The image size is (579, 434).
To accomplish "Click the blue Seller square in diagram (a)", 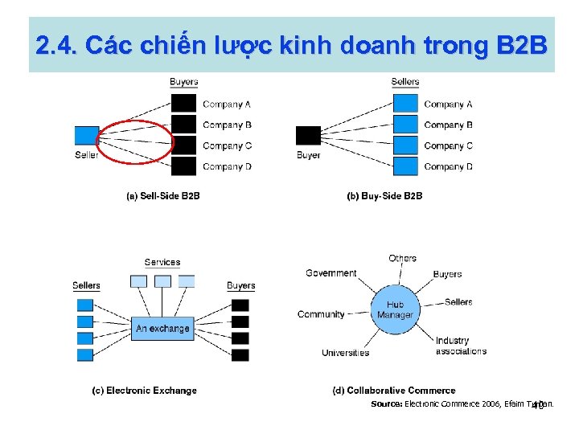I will (87, 136).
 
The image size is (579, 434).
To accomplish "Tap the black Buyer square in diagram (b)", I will (308, 136).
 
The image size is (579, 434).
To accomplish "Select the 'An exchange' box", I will (162, 329).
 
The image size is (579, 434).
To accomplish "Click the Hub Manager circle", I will (395, 310).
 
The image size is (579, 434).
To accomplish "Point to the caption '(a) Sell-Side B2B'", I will (163, 196).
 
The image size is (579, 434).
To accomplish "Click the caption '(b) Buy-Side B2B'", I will (384, 196).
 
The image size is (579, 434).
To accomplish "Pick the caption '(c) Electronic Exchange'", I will (144, 391).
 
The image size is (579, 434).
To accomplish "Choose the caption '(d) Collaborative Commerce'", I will (394, 391).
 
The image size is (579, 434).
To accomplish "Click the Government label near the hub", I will (331, 273).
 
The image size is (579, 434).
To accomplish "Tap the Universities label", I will (345, 353).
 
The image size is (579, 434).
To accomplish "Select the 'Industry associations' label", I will (461, 346).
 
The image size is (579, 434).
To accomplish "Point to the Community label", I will (321, 314).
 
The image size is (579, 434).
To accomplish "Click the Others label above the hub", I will (402, 259).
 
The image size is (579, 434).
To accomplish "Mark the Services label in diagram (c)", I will (162, 263).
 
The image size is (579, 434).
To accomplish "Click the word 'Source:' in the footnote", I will (386, 404).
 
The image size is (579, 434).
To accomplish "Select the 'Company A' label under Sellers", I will (448, 104).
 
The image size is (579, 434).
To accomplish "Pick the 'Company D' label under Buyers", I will (227, 167).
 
